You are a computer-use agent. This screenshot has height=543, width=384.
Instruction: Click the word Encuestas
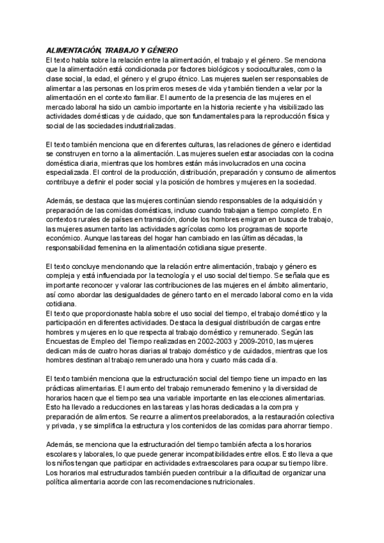[65, 343]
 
